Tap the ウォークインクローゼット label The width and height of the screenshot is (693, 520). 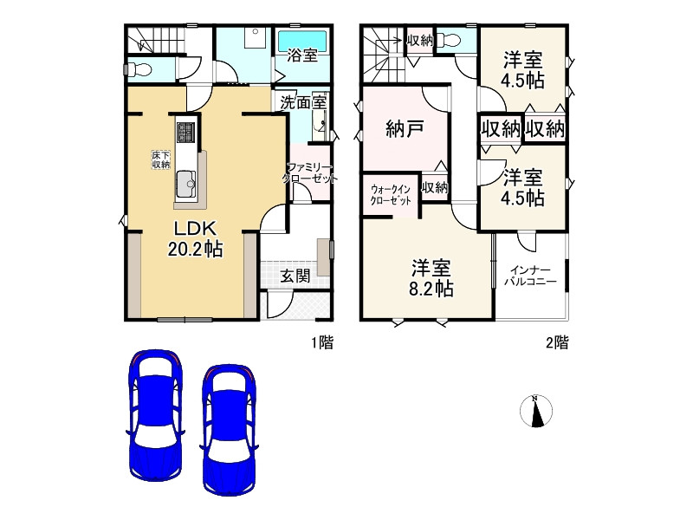point(391,194)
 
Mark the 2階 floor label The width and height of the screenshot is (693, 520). point(556,342)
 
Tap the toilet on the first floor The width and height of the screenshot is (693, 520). point(139,68)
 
